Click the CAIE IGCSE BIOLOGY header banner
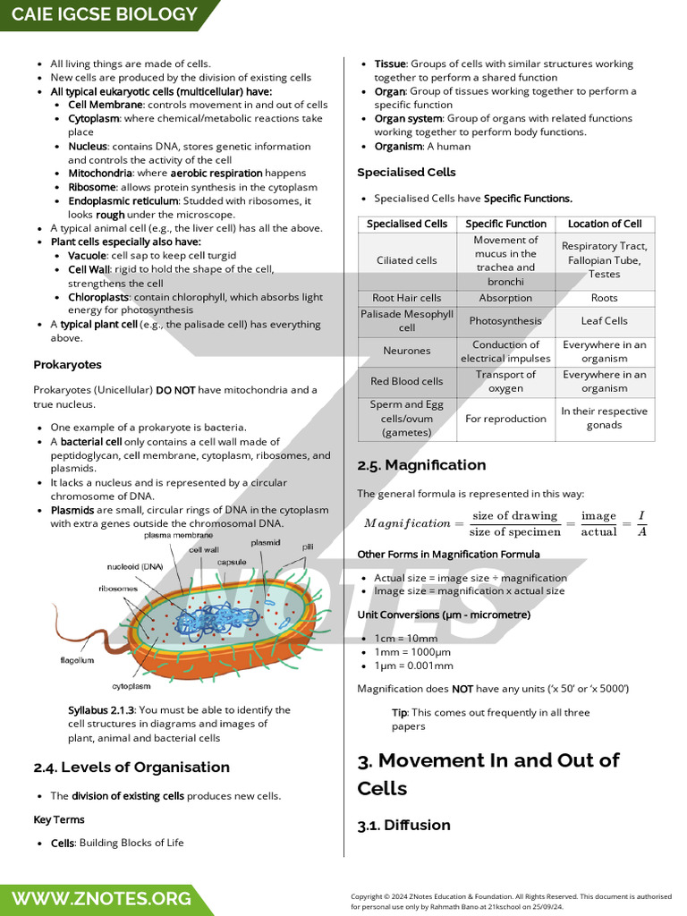pos(105,14)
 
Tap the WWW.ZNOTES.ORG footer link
pos(101,898)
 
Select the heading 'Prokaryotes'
pos(67,365)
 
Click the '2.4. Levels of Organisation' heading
pos(131,767)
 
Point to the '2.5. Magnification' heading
pos(421,465)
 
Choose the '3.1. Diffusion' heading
pos(403,825)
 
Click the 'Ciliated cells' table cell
pos(407,260)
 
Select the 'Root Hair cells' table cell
pos(407,298)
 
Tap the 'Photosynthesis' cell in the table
pos(505,321)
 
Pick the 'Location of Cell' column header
pos(605,224)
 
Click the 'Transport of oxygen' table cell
pos(505,381)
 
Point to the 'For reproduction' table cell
pos(505,419)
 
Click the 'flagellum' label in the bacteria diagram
pos(77,660)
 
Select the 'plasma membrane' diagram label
pos(179,535)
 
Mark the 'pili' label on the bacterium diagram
pos(308,546)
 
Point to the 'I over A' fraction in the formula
pos(641,523)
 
